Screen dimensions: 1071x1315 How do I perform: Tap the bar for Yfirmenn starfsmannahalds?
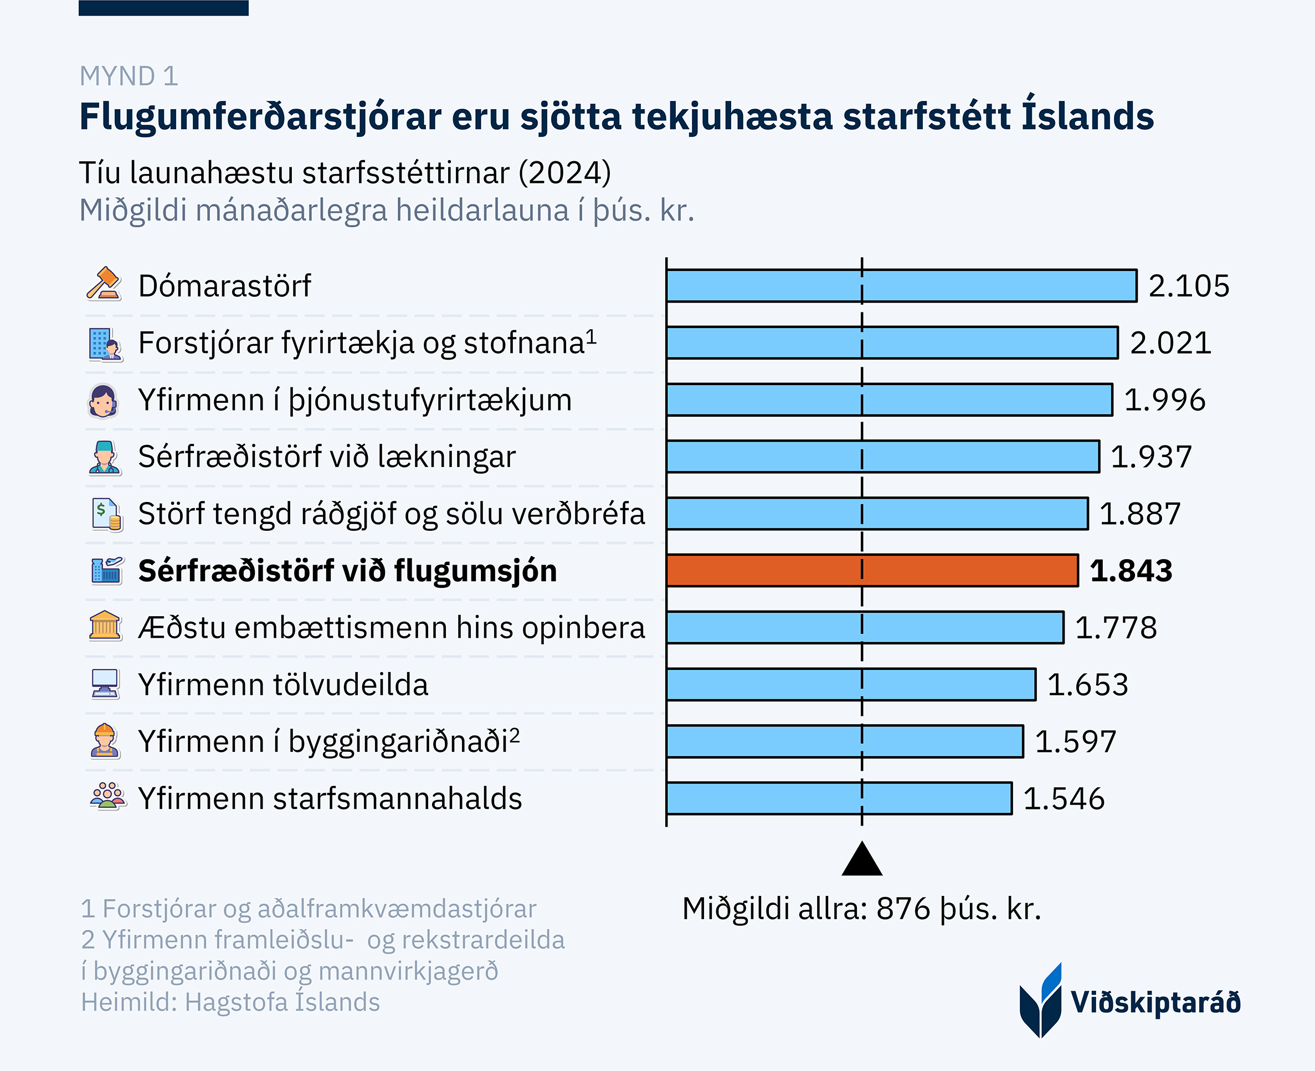[x=839, y=798]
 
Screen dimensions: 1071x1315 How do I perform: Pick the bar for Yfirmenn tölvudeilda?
[x=851, y=684]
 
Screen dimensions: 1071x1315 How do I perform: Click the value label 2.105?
[x=1189, y=286]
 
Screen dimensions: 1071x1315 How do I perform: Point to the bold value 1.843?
[x=1131, y=571]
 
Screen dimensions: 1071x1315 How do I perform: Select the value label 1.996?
[x=1164, y=400]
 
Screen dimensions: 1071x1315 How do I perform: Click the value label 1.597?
[x=1075, y=741]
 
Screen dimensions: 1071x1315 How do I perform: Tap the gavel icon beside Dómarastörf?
[x=104, y=284]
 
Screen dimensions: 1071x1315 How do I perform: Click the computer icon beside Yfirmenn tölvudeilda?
[x=105, y=684]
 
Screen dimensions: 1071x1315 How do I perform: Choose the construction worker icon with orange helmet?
[x=105, y=740]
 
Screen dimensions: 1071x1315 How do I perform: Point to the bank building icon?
[x=105, y=626]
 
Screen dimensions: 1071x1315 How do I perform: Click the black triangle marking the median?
[x=862, y=860]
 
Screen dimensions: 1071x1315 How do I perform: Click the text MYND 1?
[x=129, y=76]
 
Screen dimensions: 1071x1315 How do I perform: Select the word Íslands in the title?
[x=1087, y=116]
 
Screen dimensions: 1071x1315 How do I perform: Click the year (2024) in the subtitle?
[x=564, y=173]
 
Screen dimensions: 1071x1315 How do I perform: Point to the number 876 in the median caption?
[x=903, y=909]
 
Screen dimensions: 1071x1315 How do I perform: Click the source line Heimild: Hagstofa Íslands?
[x=230, y=1002]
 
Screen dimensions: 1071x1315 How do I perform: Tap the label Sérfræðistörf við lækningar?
[x=326, y=457]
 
